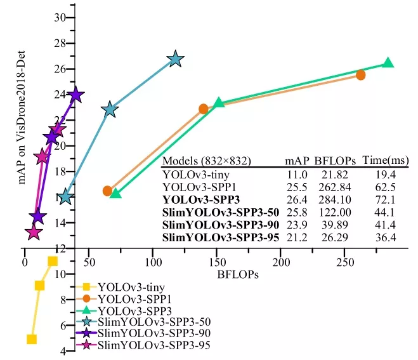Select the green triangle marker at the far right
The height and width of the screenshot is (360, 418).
[x=388, y=63]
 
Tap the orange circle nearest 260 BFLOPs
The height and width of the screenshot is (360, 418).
[x=360, y=75]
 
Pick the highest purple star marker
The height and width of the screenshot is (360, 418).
[x=76, y=95]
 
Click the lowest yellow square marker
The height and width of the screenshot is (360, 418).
[x=32, y=339]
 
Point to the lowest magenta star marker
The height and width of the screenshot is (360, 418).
[x=34, y=232]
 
